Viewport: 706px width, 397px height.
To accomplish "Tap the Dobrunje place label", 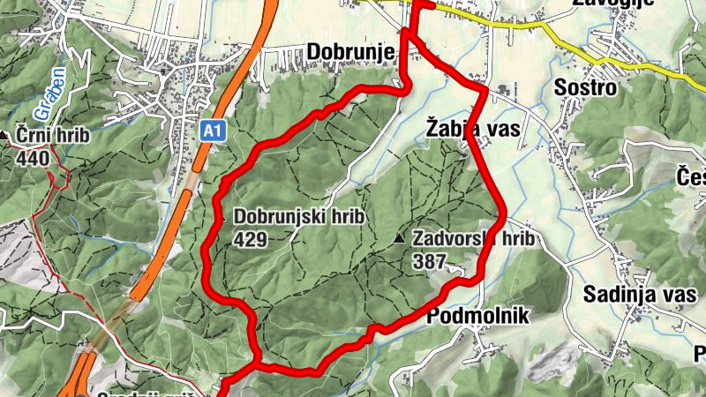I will pyautogui.click(x=350, y=53).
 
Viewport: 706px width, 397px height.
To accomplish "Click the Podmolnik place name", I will pyautogui.click(x=477, y=317).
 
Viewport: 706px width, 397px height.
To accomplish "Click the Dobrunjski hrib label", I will pyautogui.click(x=299, y=216).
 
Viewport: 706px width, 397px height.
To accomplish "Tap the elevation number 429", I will pyautogui.click(x=250, y=238).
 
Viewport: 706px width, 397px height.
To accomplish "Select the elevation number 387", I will pyautogui.click(x=428, y=262).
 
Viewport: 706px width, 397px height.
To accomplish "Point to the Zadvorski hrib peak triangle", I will pyautogui.click(x=400, y=238).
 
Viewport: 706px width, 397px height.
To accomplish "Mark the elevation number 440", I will pyautogui.click(x=32, y=159).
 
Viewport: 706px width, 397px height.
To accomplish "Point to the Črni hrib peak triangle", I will pyautogui.click(x=7, y=135).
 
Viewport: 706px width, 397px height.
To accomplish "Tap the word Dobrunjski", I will pyautogui.click(x=280, y=216).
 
